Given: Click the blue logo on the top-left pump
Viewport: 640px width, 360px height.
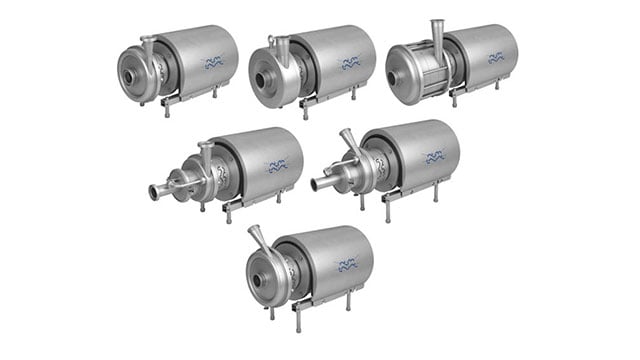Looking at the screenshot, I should [214, 63].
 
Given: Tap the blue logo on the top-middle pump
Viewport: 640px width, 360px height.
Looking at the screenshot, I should [350, 63].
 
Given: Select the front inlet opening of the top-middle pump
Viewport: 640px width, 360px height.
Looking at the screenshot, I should [266, 74].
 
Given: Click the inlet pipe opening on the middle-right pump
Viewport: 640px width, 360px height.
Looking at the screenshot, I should [318, 184].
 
